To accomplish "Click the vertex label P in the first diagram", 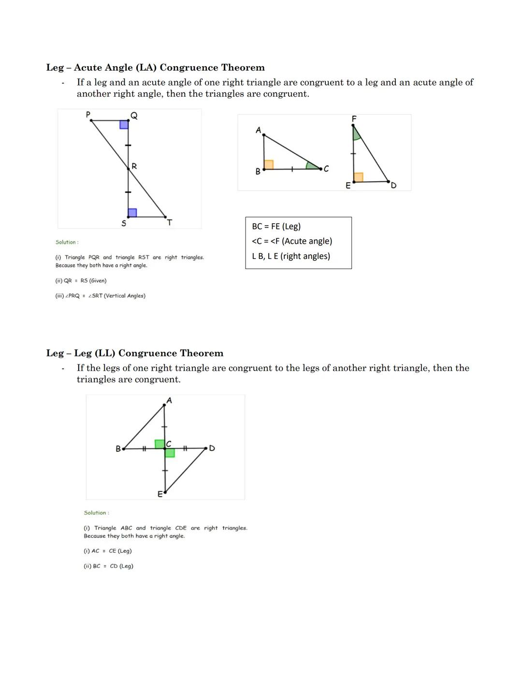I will click(88, 115).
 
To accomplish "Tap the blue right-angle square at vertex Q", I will click(124, 125).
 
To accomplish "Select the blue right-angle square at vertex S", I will click(132, 213).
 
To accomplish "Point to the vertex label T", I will click(169, 223).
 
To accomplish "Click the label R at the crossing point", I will click(134, 166).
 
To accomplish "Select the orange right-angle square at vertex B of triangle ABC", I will click(269, 164).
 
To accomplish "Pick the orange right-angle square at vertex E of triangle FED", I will click(358, 177).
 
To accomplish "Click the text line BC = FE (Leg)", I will click(276, 226).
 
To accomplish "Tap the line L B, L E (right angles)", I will click(290, 256).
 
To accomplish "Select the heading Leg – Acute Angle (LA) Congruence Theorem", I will click(155, 68).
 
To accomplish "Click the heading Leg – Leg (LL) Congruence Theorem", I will click(134, 353).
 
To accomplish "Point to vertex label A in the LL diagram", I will click(169, 400).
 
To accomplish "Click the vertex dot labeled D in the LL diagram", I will click(206, 448).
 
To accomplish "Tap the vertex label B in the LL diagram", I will click(118, 449).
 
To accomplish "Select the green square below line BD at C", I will click(170, 453).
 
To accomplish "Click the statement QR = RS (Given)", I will click(81, 281).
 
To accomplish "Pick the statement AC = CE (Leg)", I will click(107, 551).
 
